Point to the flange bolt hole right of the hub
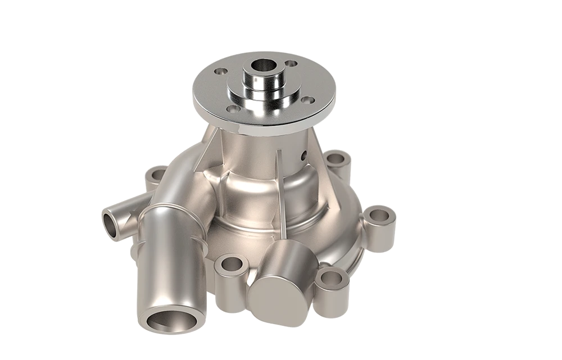click(307, 100)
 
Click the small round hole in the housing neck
click(304, 154)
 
